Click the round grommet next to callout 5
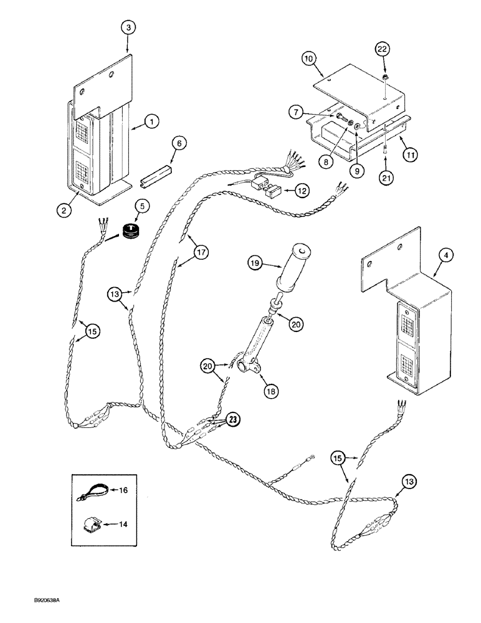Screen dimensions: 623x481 [130, 229]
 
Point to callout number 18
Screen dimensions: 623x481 [271, 391]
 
